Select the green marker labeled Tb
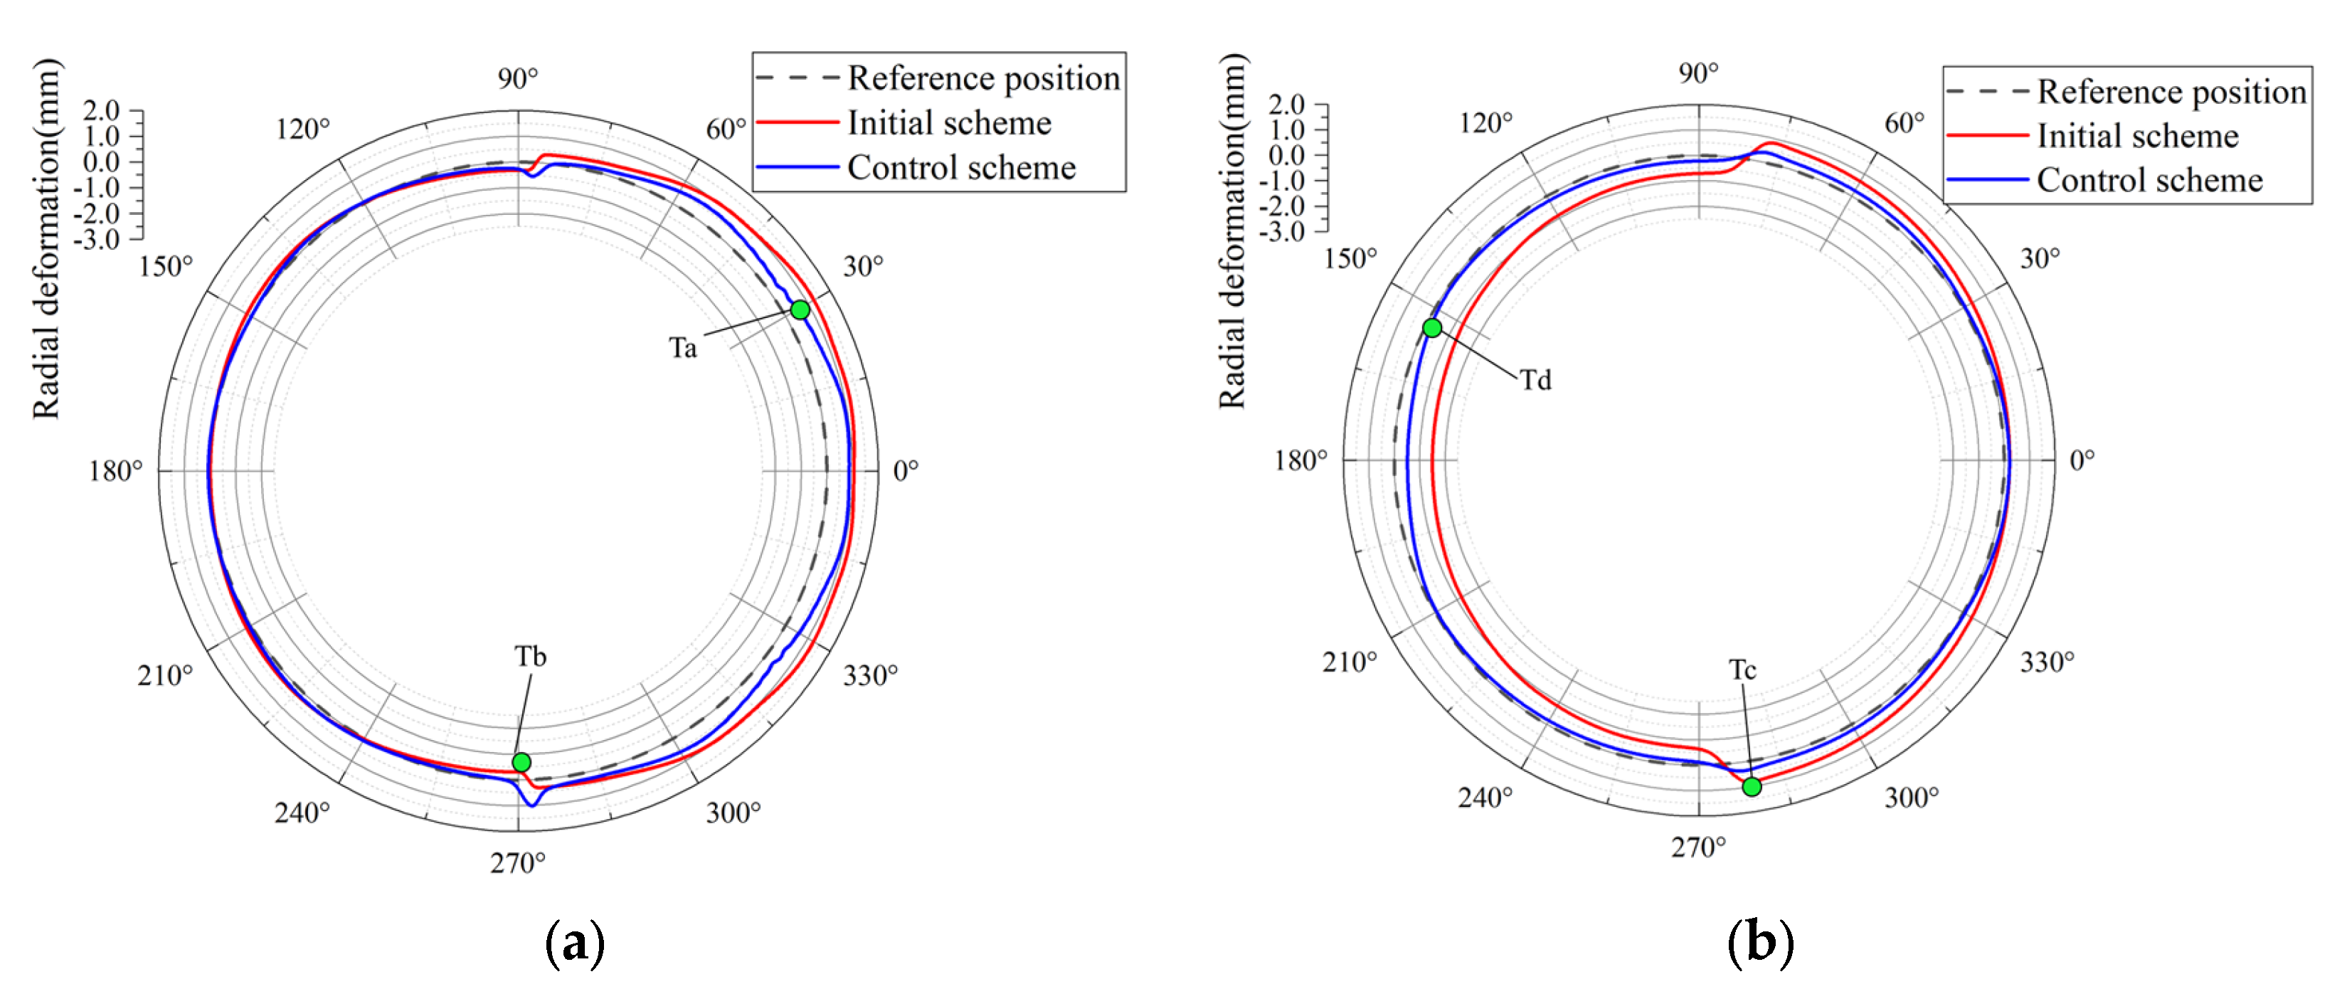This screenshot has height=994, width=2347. pos(521,761)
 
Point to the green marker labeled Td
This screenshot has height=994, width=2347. pos(1432,328)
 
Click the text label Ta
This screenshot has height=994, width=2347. pos(682,348)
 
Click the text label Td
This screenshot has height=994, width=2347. pos(1535,380)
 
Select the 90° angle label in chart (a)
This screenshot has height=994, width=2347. pos(517,79)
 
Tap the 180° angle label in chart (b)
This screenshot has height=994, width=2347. pos(1300,460)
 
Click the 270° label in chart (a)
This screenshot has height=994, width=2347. pos(517,862)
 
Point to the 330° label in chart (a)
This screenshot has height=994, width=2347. pos(870,675)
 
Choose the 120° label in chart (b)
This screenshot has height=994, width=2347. pos(1485,123)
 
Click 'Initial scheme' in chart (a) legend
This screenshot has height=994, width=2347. pos(948,123)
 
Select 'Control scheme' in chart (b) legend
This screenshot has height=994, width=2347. pos(2149,181)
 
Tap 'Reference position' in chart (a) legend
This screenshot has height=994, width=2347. pos(983,78)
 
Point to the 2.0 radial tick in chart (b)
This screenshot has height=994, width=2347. pos(1286,104)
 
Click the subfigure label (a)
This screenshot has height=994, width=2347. pos(575,943)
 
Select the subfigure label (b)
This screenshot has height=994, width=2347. pos(1760,943)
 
